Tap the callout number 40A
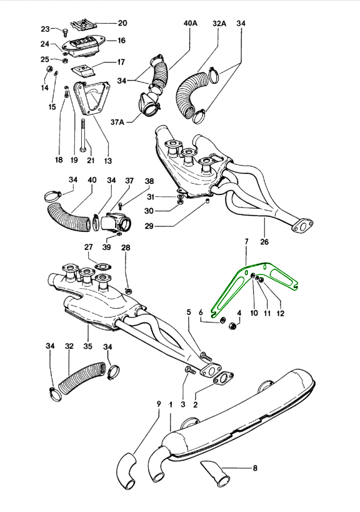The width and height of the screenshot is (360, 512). (x=190, y=23)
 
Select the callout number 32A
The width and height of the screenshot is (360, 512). (x=219, y=23)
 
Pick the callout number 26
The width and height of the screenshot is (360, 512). (x=264, y=242)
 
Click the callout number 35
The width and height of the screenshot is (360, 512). (x=87, y=346)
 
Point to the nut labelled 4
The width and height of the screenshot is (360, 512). (x=234, y=326)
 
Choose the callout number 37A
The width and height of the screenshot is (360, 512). (x=117, y=122)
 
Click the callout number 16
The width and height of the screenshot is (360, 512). (x=121, y=41)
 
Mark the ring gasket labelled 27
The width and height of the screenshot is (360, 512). (x=102, y=267)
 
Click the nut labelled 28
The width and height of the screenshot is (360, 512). (x=129, y=290)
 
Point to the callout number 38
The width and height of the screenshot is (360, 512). (x=149, y=181)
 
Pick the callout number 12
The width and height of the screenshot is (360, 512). (x=281, y=313)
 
